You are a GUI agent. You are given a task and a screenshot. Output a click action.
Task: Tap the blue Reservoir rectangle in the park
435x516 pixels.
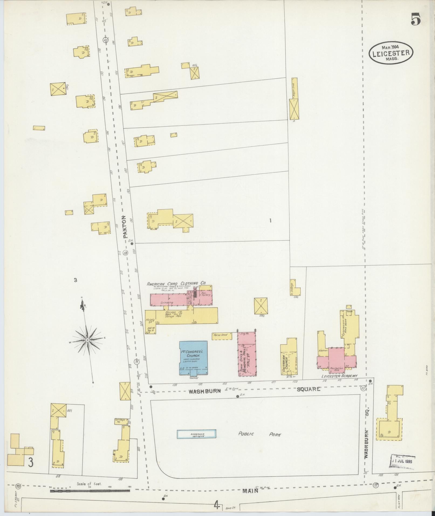click(196, 434)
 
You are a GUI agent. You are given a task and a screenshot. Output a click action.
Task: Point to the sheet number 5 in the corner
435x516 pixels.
click(416, 19)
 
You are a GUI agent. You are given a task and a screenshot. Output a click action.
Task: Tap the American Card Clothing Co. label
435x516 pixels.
click(176, 283)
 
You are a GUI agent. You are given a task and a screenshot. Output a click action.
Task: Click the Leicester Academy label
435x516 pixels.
click(339, 376)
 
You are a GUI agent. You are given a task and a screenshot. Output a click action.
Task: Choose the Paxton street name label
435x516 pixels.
click(124, 227)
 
